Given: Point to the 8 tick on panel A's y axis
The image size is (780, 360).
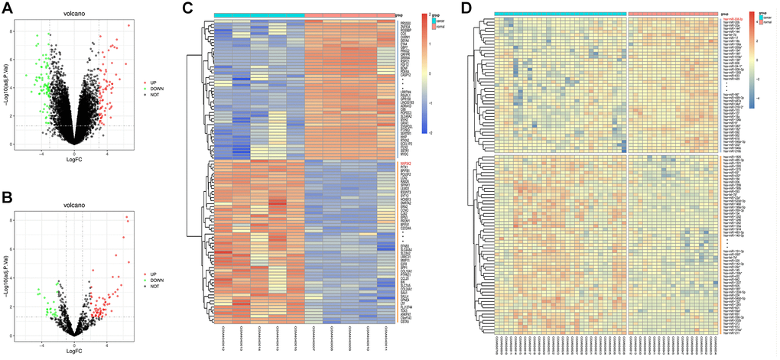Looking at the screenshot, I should tap(21, 31).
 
